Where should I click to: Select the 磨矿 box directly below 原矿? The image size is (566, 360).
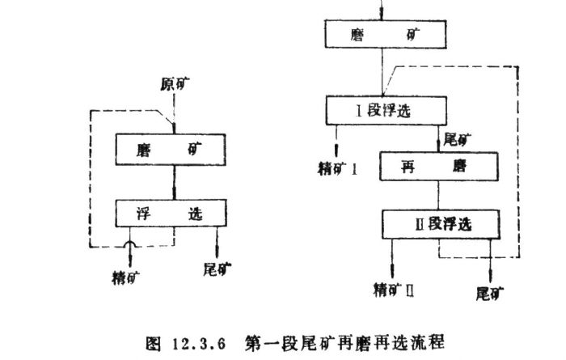tap(173, 148)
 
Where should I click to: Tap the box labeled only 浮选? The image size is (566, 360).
tap(173, 214)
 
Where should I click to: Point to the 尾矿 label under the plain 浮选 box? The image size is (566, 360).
tap(216, 269)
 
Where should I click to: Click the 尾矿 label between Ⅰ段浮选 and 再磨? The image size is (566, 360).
tap(457, 138)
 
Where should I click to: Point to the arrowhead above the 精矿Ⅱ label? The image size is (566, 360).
tap(393, 270)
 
